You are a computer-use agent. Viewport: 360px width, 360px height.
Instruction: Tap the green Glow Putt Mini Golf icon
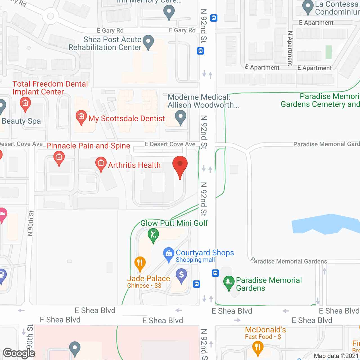point(153,234)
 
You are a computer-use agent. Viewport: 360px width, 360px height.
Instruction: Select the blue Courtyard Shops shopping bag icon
point(168,254)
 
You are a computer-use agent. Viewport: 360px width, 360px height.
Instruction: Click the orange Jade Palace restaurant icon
point(140,263)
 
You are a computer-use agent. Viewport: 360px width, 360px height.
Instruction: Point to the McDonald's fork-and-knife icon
point(258,347)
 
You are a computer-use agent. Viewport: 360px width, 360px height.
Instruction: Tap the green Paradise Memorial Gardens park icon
point(229,282)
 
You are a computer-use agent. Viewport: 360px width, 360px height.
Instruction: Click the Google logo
point(19,353)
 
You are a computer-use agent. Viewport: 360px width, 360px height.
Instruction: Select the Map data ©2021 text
point(336,356)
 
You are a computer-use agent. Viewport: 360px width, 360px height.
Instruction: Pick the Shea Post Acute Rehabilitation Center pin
point(148,42)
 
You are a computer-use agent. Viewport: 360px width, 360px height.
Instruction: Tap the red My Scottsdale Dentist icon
point(81,116)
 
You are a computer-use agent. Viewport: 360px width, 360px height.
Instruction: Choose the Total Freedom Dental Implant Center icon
point(25,103)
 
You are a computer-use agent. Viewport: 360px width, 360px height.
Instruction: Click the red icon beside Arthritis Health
point(101,163)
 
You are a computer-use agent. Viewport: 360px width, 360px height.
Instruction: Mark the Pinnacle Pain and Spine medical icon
point(59,158)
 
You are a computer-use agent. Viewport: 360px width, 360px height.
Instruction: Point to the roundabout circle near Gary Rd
point(51,16)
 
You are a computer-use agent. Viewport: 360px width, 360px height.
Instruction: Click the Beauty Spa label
point(21,121)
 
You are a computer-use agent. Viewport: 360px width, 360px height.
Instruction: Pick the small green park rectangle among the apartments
point(328,52)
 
